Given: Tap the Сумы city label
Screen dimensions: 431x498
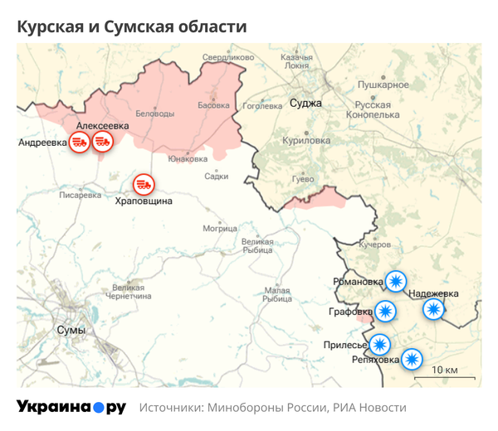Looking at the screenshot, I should (71, 330).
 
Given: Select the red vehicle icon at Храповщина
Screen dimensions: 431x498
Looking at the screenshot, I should (144, 182).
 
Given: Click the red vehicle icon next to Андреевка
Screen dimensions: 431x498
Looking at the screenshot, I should (80, 141).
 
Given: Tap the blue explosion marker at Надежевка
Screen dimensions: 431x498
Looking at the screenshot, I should (433, 309).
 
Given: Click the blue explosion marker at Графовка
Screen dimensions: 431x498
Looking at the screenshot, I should (384, 312).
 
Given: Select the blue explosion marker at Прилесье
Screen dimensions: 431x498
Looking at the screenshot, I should (379, 343).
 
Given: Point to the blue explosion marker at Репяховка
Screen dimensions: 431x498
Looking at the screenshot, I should (412, 360).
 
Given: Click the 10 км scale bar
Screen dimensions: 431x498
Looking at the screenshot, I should (440, 375).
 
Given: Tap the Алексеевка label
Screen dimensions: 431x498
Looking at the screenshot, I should (101, 124).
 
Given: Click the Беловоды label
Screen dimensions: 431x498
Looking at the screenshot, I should (155, 113).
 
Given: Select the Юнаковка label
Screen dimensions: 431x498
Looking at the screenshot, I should (187, 158).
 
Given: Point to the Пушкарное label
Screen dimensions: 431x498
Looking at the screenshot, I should (383, 85).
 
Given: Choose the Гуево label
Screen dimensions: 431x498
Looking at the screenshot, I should (303, 179).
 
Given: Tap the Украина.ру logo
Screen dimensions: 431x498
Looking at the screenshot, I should (71, 407).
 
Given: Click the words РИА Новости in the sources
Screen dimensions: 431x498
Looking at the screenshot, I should (369, 408).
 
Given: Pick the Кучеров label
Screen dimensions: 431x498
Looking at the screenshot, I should (373, 245).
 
